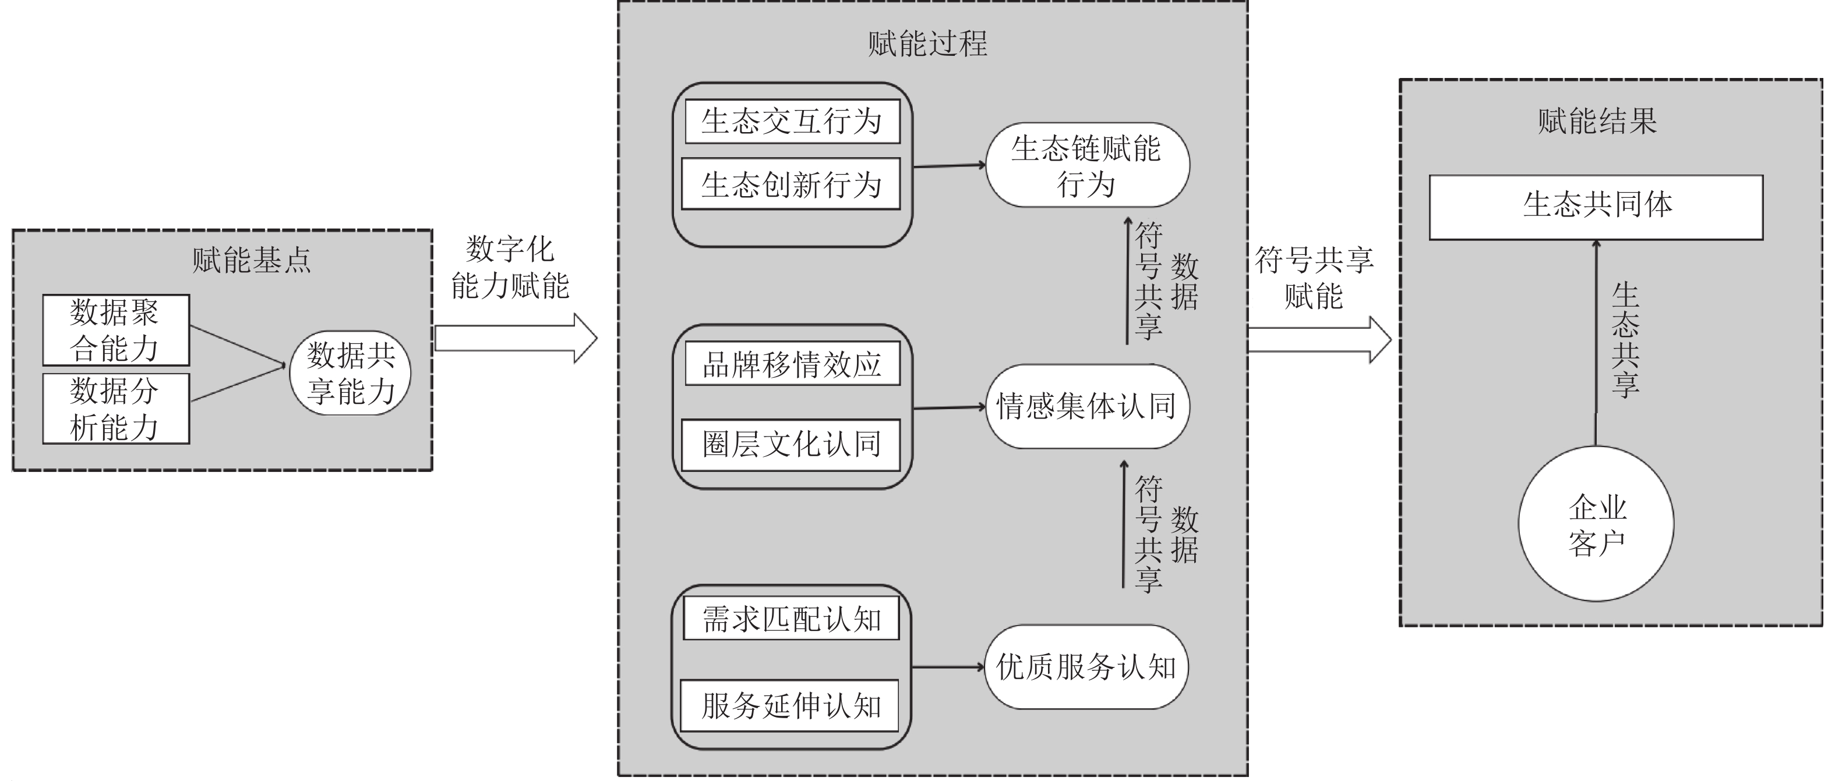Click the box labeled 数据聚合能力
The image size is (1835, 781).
(x=116, y=329)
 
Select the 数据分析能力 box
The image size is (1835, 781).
(x=116, y=409)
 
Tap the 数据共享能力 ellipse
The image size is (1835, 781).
(x=351, y=372)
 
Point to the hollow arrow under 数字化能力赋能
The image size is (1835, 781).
(x=516, y=338)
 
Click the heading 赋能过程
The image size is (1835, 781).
(x=927, y=44)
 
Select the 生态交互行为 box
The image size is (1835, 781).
(x=792, y=121)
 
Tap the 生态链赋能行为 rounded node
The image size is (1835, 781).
(x=1088, y=165)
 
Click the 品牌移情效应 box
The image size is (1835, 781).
(x=792, y=364)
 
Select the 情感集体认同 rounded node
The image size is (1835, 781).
(x=1088, y=407)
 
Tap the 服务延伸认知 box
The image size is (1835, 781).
(x=790, y=705)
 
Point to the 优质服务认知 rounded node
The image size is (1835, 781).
(x=1086, y=667)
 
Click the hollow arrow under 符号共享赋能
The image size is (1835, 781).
(x=1319, y=340)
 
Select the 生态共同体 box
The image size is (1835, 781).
(x=1596, y=207)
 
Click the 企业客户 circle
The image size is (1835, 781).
(x=1596, y=524)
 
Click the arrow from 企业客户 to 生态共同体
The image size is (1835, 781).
(x=1596, y=343)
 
